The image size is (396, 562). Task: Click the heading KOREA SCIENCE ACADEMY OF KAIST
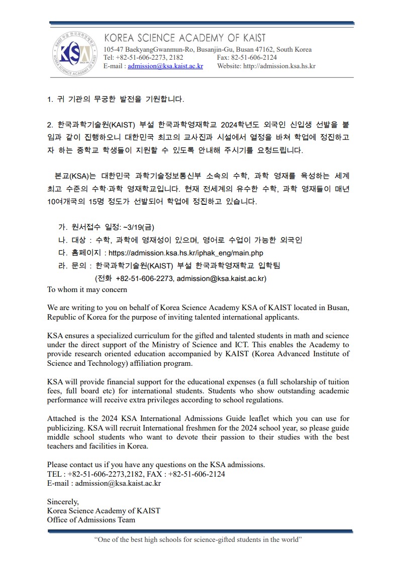pyautogui.click(x=184, y=38)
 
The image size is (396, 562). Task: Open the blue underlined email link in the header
pyautogui.click(x=165, y=66)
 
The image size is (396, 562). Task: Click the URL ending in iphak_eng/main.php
pyautogui.click(x=185, y=253)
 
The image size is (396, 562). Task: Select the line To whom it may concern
pyautogui.click(x=87, y=290)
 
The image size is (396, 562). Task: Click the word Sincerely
pyautogui.click(x=63, y=501)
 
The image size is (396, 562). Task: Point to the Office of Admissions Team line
pyautogui.click(x=91, y=520)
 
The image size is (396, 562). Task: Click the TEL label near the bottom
pyautogui.click(x=54, y=474)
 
